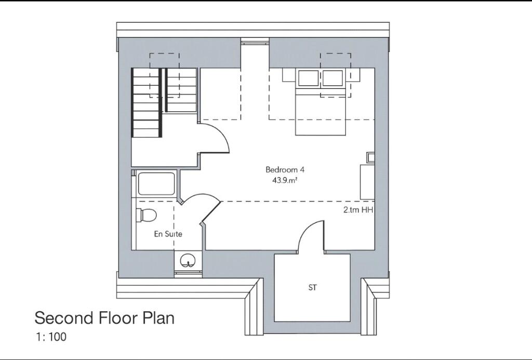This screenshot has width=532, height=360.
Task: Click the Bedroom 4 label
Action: pyautogui.click(x=282, y=169)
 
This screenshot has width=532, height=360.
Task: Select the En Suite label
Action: pyautogui.click(x=168, y=234)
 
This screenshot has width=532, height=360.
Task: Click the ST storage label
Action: pyautogui.click(x=312, y=287)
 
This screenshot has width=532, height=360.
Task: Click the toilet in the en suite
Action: pyautogui.click(x=147, y=214)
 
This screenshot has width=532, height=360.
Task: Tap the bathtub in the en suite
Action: pyautogui.click(x=156, y=184)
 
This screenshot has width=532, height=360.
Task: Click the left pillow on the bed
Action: pyautogui.click(x=309, y=78)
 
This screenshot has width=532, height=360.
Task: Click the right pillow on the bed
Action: pyautogui.click(x=333, y=78)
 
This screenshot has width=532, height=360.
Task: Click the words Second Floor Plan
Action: pyautogui.click(x=104, y=318)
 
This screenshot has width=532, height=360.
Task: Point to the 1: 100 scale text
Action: pyautogui.click(x=51, y=337)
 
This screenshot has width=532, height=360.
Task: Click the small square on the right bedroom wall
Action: pyautogui.click(x=370, y=157)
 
